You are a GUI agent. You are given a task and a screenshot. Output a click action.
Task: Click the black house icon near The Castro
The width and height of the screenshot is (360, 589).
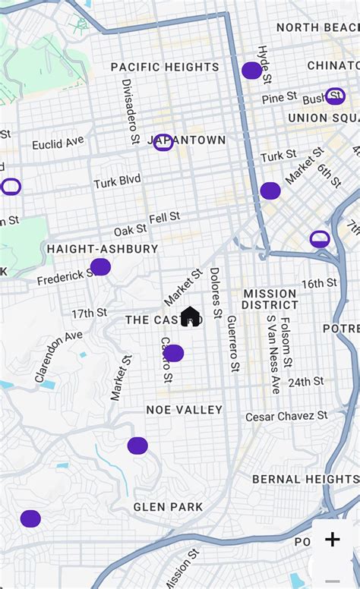click(190, 317)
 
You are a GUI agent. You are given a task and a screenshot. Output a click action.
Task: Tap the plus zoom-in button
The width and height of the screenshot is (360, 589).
click(332, 540)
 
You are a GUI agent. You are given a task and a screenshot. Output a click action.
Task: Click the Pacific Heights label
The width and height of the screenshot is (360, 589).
click(165, 67)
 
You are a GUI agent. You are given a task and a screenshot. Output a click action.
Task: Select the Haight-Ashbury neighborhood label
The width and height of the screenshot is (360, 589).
click(103, 248)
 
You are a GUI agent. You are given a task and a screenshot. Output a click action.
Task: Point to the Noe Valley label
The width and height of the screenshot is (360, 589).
click(185, 410)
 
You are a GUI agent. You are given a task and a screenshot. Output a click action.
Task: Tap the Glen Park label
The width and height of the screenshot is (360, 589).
click(168, 506)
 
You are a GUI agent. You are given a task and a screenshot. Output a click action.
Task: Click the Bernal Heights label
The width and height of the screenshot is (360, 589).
click(305, 479)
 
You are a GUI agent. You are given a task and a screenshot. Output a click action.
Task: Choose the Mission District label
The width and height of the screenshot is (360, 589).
click(270, 299)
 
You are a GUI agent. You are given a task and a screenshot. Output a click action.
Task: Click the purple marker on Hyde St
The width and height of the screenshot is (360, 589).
click(252, 71)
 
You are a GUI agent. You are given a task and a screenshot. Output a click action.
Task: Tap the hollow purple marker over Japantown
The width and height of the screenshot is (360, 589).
click(163, 142)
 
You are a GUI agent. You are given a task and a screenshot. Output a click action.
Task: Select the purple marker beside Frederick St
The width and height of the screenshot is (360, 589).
click(100, 266)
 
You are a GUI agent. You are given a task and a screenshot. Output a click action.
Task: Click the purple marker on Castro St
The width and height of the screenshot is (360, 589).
click(173, 353)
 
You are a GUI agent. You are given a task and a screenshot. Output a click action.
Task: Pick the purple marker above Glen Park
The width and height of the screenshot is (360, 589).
click(137, 446)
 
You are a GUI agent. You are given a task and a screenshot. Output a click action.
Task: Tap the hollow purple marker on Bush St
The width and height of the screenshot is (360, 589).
click(335, 96)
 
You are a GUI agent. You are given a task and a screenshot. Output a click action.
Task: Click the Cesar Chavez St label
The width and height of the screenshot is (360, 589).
click(286, 416)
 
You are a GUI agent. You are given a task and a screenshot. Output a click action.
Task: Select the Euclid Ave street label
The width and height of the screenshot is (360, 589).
click(58, 143)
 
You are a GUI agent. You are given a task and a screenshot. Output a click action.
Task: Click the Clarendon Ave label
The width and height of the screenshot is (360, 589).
click(58, 356)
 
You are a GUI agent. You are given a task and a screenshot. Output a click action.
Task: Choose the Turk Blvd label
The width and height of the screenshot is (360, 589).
click(117, 181)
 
